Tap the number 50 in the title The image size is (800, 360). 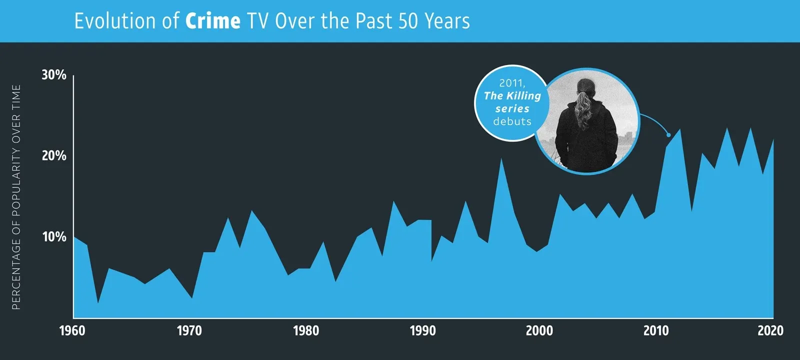coord(408,21)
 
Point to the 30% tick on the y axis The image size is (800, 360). coord(54,74)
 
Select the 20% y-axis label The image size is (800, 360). coord(54,155)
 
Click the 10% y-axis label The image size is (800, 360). coord(54,237)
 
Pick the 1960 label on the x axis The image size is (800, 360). coord(72,330)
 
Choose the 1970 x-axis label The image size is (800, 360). coord(189,330)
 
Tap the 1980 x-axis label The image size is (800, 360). coord(306,330)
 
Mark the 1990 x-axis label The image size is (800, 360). coord(423,330)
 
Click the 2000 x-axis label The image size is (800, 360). coord(539,330)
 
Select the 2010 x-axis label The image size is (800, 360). coord(656,330)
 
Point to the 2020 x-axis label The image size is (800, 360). coord(770,330)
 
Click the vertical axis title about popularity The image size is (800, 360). coord(16,197)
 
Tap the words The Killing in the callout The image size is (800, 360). coord(512,95)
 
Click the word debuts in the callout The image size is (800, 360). coord(512,121)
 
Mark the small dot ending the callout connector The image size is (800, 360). coord(668,135)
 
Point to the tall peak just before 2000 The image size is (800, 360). coord(501,159)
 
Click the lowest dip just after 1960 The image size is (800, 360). coord(98,302)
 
